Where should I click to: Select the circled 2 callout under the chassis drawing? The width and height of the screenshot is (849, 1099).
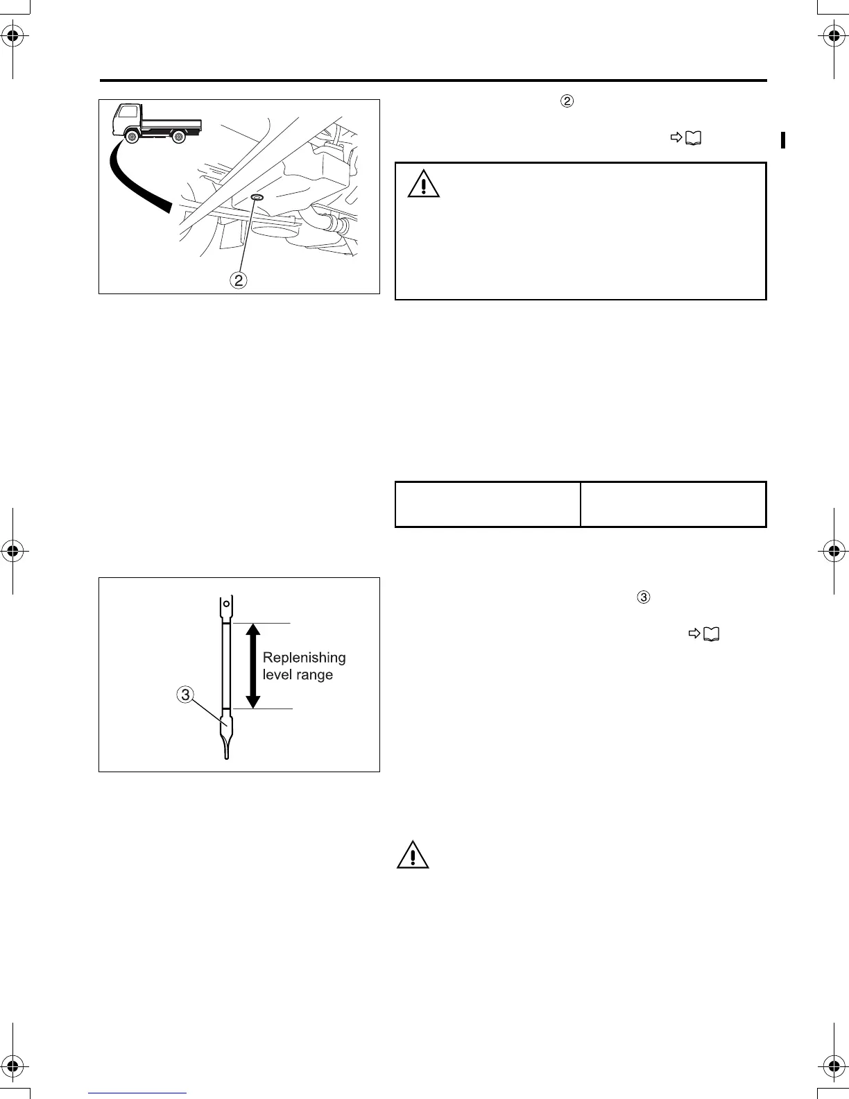pyautogui.click(x=239, y=280)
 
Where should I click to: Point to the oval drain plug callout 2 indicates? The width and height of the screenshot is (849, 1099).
pyautogui.click(x=257, y=198)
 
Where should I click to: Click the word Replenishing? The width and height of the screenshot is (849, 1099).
pyautogui.click(x=304, y=657)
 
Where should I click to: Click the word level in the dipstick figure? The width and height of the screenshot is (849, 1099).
pyautogui.click(x=277, y=674)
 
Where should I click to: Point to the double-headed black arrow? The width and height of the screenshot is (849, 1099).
pyautogui.click(x=252, y=665)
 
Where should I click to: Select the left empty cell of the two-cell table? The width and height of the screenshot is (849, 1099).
pyautogui.click(x=487, y=504)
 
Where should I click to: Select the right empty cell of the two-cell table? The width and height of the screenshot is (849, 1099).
pyautogui.click(x=673, y=504)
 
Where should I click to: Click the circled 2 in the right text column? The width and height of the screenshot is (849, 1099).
pyautogui.click(x=567, y=101)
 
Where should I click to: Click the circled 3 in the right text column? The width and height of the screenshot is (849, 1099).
pyautogui.click(x=643, y=597)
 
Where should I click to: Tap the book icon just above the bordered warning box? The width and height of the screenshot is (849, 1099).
pyautogui.click(x=693, y=139)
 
